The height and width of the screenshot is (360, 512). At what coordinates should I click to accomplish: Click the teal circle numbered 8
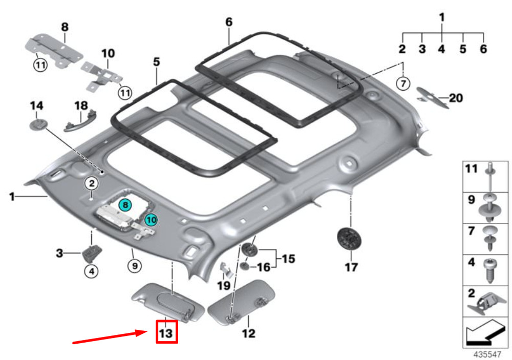point(125,205)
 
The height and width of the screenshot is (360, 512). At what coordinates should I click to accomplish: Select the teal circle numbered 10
point(151,220)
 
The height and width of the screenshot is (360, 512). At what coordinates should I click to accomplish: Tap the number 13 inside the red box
point(166,333)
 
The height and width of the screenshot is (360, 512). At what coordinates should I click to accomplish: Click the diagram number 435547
point(487,354)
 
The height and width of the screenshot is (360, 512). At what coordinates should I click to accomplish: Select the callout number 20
point(456,98)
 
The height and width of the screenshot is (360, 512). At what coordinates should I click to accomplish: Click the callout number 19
point(224,286)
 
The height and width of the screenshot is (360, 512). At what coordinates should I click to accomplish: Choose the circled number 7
point(403,83)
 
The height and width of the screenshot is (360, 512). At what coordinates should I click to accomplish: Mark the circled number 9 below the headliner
point(135,266)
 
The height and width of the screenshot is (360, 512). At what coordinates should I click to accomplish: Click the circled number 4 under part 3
point(92,271)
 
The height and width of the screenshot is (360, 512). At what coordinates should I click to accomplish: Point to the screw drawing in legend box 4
point(490,270)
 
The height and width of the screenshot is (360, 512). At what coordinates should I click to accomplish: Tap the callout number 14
point(36,106)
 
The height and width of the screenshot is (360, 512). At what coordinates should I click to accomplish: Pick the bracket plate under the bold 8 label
point(54,50)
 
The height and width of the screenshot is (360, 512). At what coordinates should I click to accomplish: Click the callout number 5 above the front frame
point(157,62)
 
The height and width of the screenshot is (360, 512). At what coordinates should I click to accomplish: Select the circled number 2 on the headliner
point(92,183)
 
